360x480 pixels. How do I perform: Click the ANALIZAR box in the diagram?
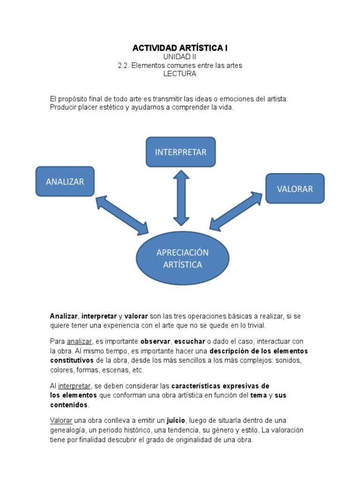(65, 181)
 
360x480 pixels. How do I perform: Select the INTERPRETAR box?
(180, 152)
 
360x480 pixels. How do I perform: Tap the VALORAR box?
(295, 188)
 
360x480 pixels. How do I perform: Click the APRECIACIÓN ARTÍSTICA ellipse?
(182, 258)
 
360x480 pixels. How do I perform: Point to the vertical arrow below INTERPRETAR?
(181, 198)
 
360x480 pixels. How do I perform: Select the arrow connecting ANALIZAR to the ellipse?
(122, 215)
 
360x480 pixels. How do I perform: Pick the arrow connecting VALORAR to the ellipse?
(236, 211)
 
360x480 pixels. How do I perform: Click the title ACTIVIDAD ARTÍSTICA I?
(180, 48)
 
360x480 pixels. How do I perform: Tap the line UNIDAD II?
(180, 57)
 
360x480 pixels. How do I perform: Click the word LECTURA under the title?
(180, 74)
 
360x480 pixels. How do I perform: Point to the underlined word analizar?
(79, 342)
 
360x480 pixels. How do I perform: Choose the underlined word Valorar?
(61, 420)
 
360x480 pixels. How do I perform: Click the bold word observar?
(155, 342)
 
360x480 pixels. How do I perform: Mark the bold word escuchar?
(190, 342)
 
